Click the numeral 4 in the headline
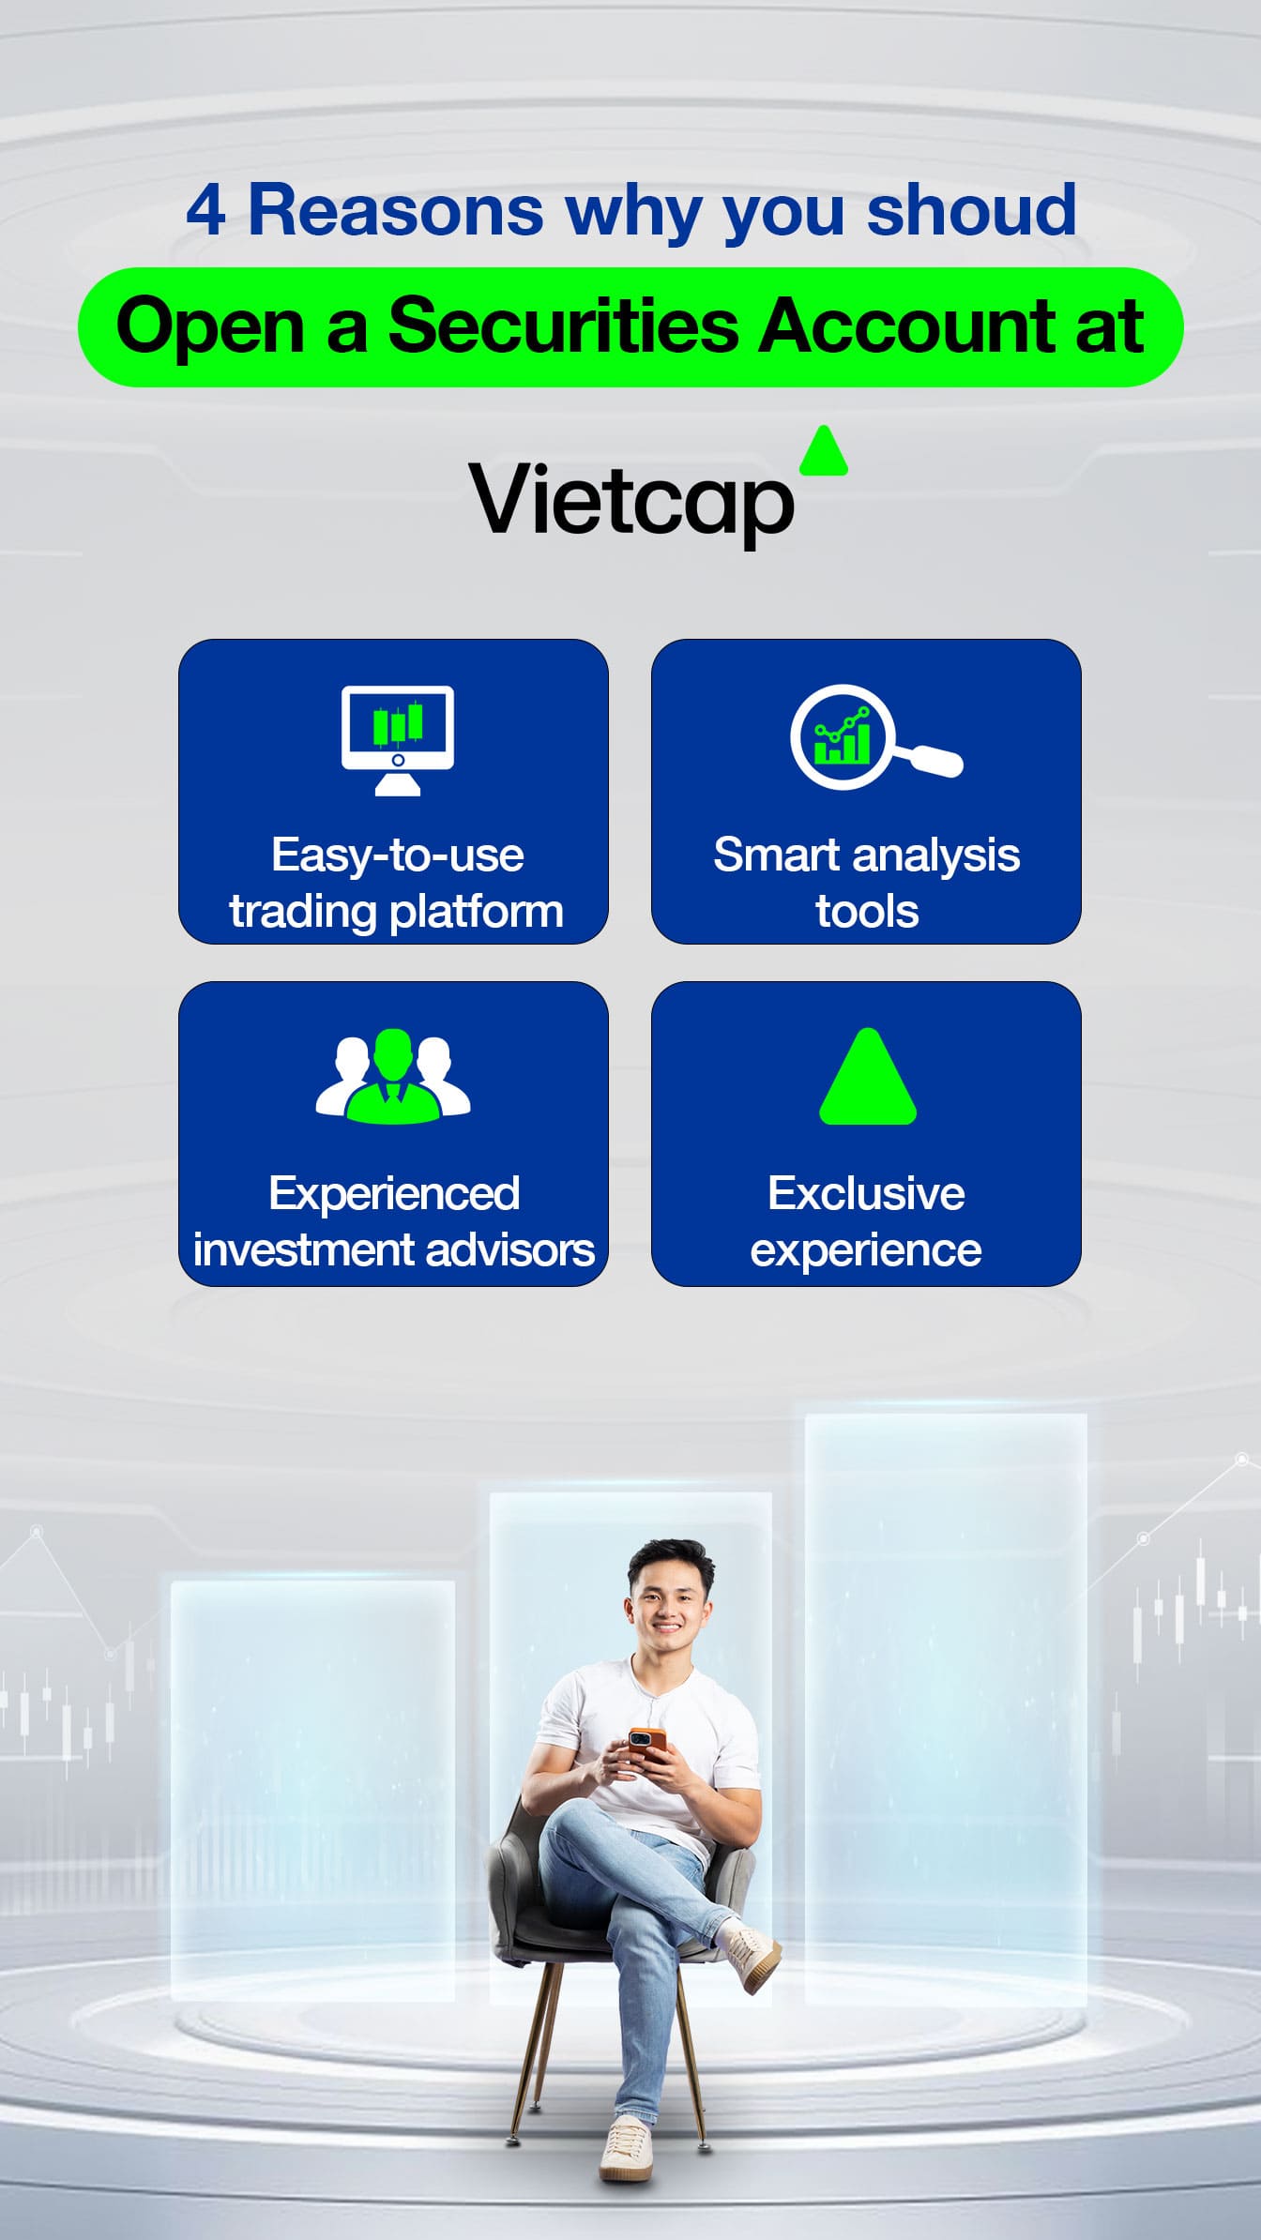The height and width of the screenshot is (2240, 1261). click(x=205, y=210)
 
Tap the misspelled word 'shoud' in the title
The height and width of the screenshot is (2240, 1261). click(x=971, y=209)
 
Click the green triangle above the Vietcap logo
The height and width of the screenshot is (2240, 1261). click(x=824, y=451)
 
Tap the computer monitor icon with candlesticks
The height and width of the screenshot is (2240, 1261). click(x=398, y=740)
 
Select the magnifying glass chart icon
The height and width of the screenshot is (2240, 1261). click(x=876, y=737)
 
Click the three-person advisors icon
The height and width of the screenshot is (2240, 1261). click(x=393, y=1076)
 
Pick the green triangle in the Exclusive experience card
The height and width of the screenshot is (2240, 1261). click(x=868, y=1076)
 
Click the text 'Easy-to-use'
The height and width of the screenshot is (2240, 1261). click(x=398, y=855)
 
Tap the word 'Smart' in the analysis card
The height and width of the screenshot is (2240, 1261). click(x=776, y=855)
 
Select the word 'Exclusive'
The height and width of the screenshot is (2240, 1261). click(x=866, y=1193)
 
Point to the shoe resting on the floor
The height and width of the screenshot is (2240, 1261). click(x=626, y=2149)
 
